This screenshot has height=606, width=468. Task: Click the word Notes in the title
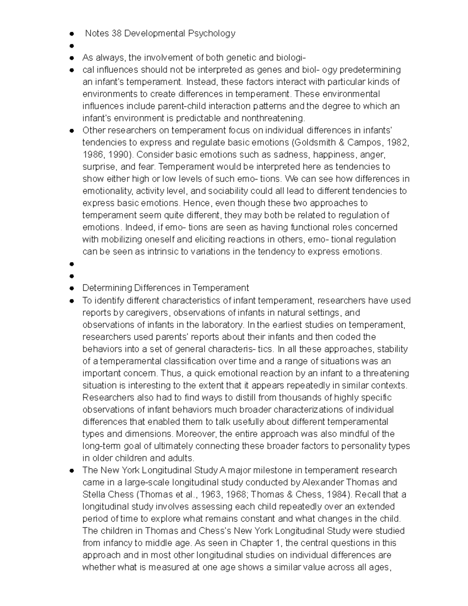coord(97,34)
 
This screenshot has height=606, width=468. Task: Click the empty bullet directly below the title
coord(72,46)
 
